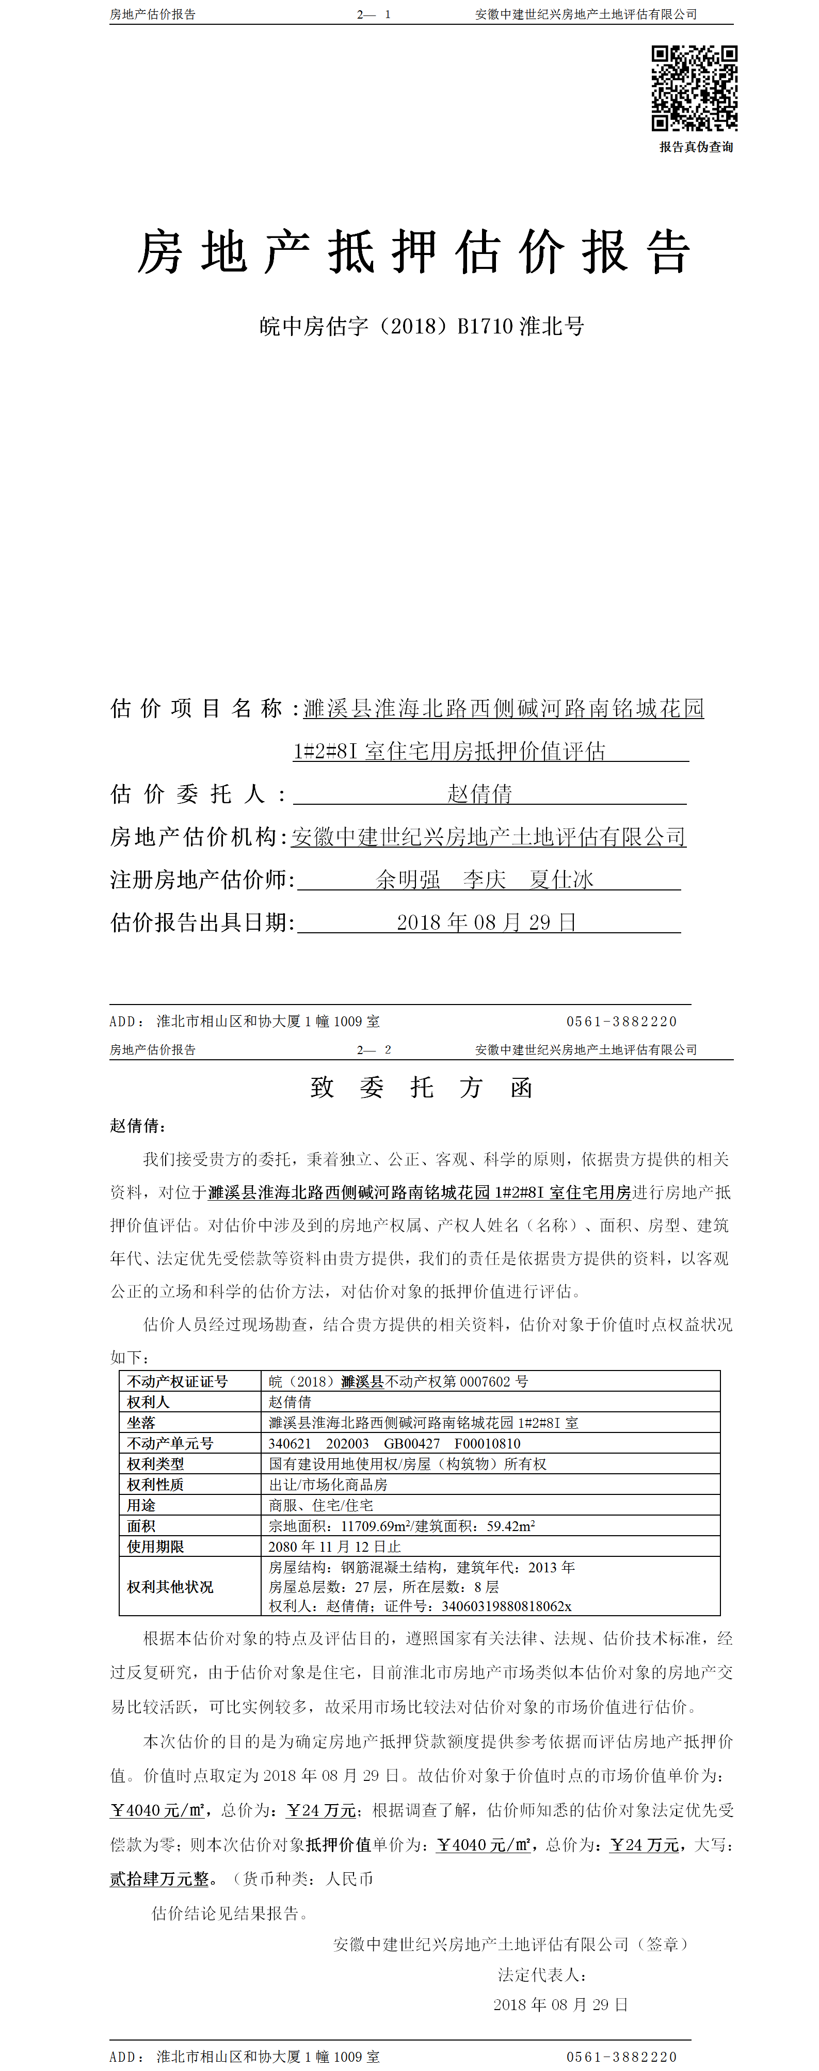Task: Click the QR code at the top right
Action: (695, 88)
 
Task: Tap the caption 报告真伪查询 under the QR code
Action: (696, 147)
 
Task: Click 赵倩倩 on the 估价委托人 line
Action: (480, 794)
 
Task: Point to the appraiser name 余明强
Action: (408, 880)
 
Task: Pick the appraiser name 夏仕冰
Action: (562, 880)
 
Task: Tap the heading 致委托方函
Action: (421, 1088)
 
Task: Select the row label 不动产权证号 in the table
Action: (178, 1381)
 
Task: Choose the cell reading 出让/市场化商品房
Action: (328, 1484)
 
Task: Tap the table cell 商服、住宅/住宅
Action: (320, 1505)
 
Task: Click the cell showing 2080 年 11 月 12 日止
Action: (334, 1546)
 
